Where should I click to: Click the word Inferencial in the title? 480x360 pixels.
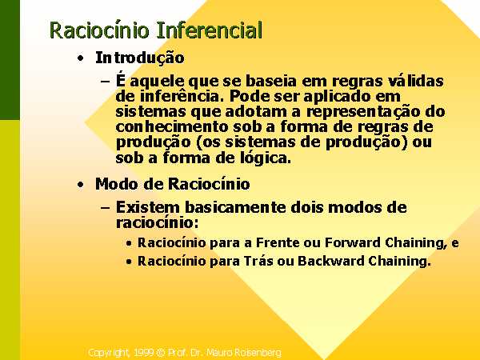(x=210, y=30)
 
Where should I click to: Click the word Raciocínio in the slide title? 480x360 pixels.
(x=99, y=30)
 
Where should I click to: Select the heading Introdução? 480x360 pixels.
(x=140, y=58)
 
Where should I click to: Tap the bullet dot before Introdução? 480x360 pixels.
(x=81, y=58)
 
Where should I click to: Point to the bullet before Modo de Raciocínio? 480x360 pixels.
(x=81, y=185)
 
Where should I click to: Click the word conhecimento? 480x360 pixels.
(x=172, y=126)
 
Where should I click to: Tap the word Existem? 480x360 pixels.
(x=147, y=207)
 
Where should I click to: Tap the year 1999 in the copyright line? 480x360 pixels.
(x=144, y=353)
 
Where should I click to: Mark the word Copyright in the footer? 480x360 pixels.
(x=110, y=353)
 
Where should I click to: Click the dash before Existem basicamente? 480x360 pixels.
(x=105, y=208)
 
